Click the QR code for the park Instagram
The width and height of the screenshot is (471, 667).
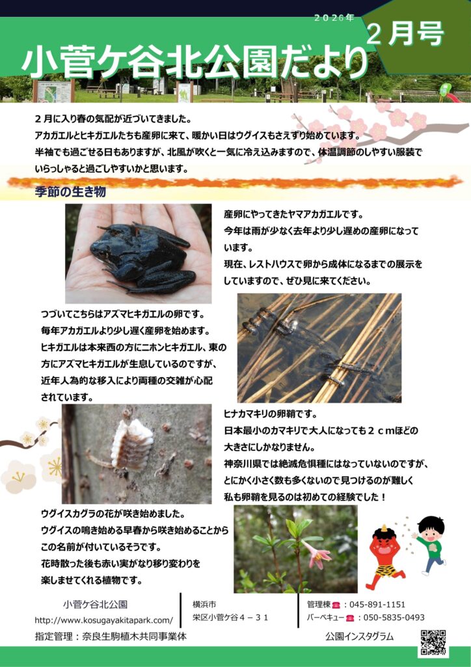pos(433,642)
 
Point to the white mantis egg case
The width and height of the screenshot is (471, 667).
pos(131,444)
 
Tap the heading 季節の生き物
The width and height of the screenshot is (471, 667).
pos(70,192)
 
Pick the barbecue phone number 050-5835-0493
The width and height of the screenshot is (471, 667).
pos(392,617)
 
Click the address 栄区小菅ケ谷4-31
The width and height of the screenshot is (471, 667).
pos(230,617)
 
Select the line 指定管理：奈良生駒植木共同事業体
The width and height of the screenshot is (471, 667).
pos(111,636)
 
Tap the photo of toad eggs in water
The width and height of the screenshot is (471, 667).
pos(319,348)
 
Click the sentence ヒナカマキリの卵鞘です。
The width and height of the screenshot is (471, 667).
pos(270,414)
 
